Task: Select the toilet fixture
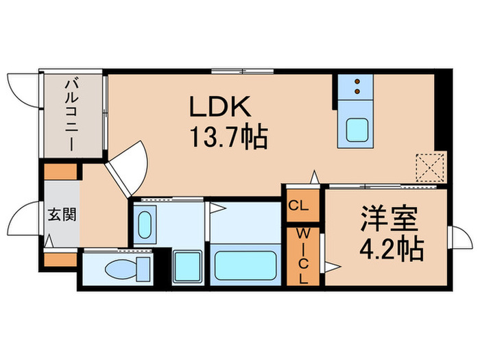click(127, 267)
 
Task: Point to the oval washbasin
click(145, 225)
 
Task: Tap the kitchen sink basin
click(355, 130)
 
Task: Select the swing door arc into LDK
click(130, 165)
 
